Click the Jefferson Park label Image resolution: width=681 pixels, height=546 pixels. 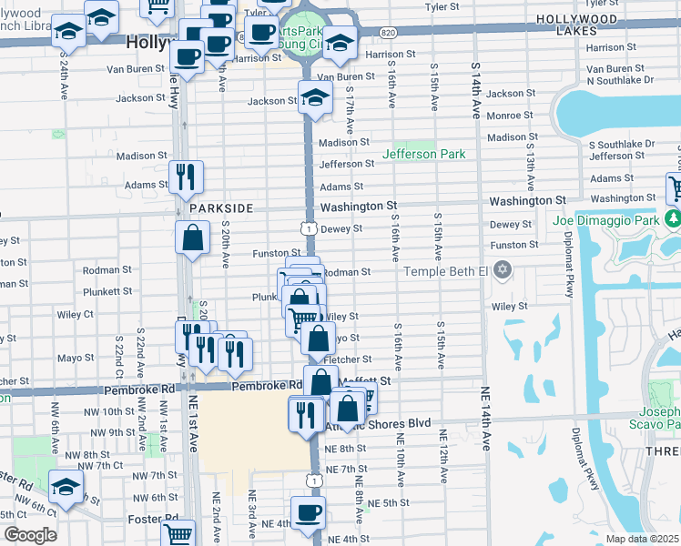[x=423, y=154]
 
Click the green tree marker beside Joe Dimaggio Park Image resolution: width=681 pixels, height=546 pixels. [x=673, y=218]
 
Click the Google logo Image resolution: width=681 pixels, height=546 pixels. [x=30, y=535]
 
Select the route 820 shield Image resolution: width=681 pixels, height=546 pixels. [x=389, y=32]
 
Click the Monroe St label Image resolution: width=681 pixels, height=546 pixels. [x=509, y=116]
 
